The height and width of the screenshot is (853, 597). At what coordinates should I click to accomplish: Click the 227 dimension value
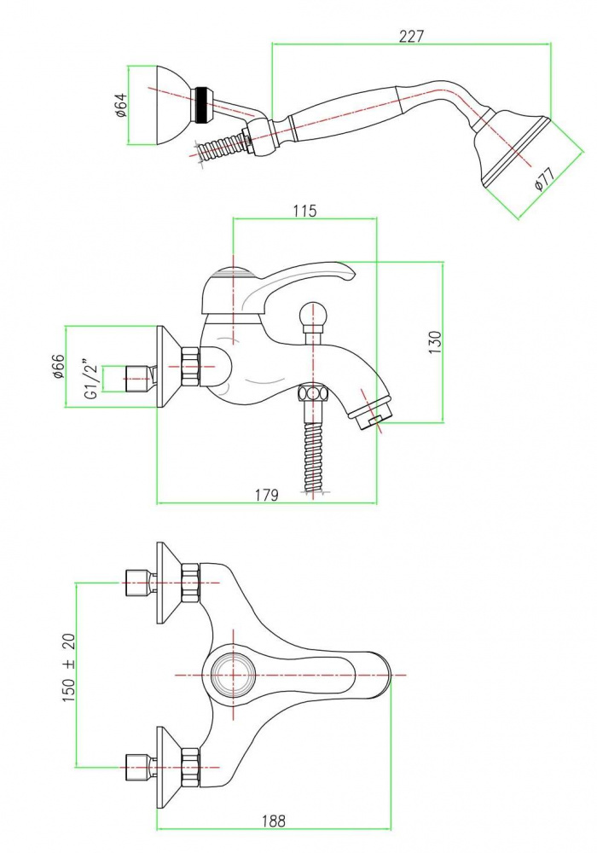[411, 36]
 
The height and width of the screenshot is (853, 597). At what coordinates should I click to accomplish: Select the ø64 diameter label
[121, 105]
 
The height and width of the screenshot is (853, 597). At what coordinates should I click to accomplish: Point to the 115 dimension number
[304, 211]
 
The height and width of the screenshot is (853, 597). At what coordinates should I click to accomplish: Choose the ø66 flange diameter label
[59, 367]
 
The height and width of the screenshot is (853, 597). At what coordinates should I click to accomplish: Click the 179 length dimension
[267, 495]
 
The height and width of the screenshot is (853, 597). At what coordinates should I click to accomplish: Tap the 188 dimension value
[273, 821]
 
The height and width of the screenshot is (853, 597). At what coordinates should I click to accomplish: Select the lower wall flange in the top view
[169, 761]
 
